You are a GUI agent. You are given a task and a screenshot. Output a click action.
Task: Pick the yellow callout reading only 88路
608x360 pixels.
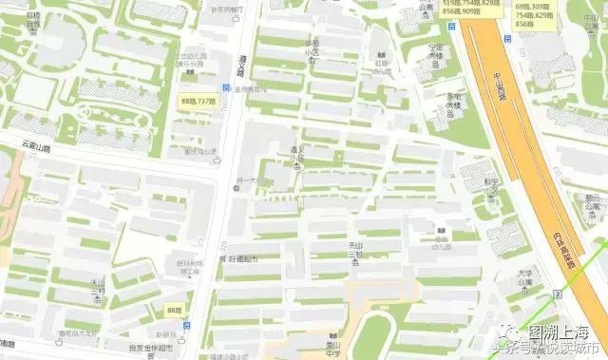pos(173,311)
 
